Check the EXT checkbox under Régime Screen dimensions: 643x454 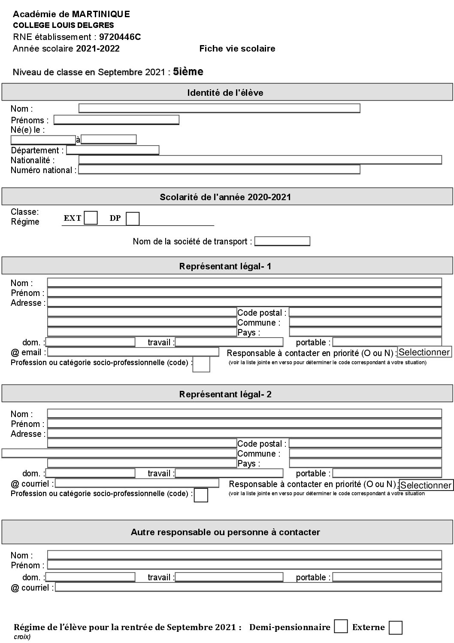[91, 218]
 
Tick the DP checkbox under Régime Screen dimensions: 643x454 [133, 219]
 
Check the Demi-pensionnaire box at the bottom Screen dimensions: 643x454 [341, 626]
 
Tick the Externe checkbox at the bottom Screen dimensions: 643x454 [395, 628]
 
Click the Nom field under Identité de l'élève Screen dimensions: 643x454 [219, 108]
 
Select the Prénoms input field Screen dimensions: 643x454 [116, 120]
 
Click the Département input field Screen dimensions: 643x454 [112, 150]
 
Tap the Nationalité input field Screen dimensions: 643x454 [260, 160]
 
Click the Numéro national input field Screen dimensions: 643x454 [219, 170]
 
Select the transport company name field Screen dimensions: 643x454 [282, 241]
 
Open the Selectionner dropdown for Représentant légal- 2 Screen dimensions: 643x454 [426, 485]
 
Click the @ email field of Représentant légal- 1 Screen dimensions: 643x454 [133, 352]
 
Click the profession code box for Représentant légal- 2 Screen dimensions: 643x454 [201, 495]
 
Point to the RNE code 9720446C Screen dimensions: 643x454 [120, 37]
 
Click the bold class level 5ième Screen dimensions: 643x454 [188, 72]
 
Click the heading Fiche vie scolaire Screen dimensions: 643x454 [237, 49]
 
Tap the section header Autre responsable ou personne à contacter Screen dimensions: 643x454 [225, 532]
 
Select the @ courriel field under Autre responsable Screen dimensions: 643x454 [248, 587]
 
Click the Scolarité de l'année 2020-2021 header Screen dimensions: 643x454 [225, 197]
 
